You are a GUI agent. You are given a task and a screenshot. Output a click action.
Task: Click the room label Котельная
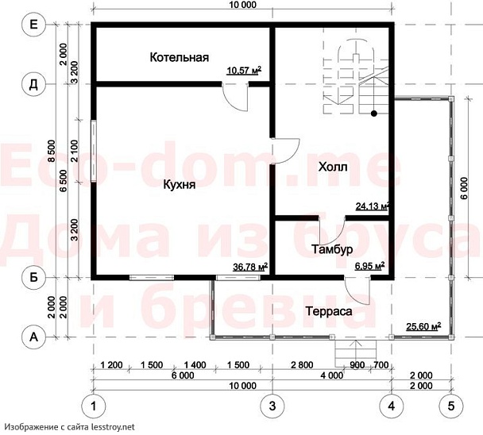[180, 57]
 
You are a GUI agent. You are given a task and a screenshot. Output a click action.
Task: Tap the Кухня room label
[180, 185]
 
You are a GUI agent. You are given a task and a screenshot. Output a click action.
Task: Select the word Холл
[333, 167]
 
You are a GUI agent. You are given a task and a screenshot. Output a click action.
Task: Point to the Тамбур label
[332, 249]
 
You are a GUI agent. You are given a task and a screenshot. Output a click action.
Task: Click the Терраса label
[329, 311]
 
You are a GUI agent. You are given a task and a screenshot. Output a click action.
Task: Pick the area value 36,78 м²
[250, 267]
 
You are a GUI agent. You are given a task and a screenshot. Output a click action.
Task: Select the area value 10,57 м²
[244, 70]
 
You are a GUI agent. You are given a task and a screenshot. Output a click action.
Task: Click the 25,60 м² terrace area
[423, 326]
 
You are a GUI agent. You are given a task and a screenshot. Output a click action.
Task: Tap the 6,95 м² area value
[369, 266]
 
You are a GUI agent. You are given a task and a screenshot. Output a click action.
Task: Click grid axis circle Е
[33, 24]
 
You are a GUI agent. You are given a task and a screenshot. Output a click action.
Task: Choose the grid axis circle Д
[33, 84]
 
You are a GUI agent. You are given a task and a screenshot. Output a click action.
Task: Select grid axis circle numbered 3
[272, 406]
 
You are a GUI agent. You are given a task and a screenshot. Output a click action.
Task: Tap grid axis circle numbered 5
[451, 406]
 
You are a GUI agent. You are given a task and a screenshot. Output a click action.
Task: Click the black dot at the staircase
[374, 114]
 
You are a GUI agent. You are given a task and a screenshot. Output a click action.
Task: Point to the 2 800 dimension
[302, 365]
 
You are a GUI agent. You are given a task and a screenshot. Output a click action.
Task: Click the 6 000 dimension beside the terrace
[465, 188]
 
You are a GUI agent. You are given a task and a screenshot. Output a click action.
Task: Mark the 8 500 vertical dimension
[52, 151]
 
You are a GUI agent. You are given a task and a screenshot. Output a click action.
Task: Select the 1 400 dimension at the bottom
[195, 365]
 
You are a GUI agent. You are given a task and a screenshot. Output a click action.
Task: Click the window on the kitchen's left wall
[94, 151]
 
